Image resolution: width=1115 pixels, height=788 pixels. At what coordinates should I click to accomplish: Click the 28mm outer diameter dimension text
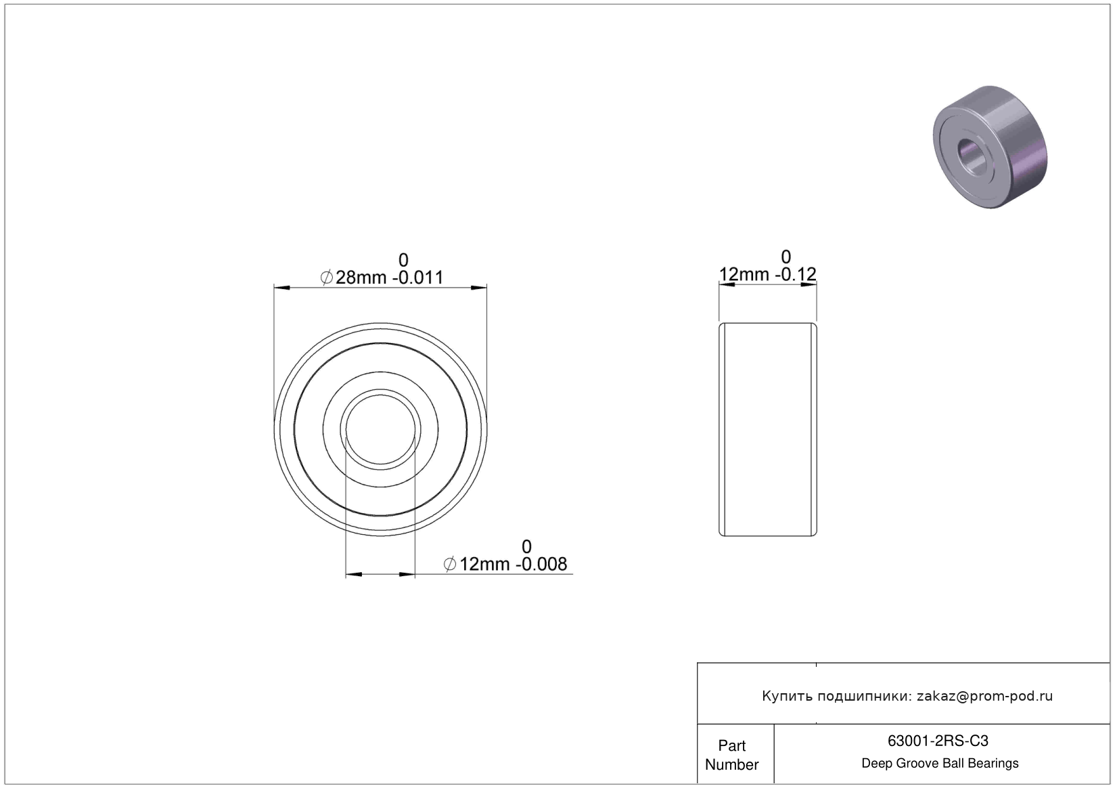coord(361,278)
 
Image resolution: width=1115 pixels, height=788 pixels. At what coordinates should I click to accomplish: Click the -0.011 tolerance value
coord(417,278)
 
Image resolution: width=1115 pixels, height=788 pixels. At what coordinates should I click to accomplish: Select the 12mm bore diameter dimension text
coord(484,565)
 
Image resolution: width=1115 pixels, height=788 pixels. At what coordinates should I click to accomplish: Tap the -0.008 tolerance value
coord(541,565)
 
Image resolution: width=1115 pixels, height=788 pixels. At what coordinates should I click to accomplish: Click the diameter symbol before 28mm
coord(326,278)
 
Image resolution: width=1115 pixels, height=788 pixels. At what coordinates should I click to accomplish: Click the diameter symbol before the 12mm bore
coord(449,565)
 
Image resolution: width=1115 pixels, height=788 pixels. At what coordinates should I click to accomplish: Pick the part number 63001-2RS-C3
coord(938,741)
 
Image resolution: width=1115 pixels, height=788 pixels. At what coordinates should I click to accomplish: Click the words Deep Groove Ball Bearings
coord(940,763)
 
